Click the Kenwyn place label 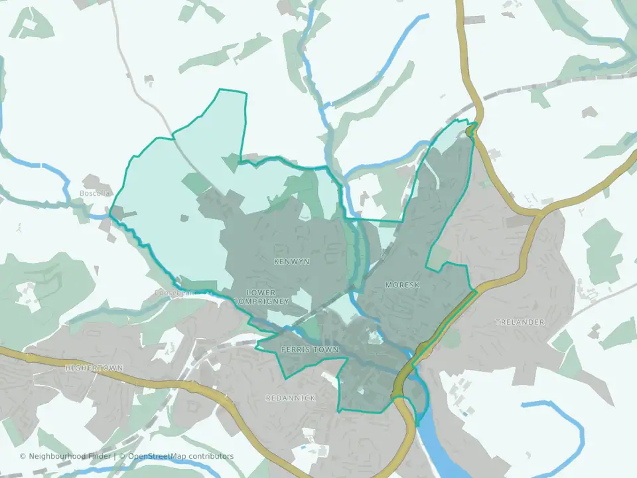(x=292, y=262)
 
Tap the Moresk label (x=402, y=285)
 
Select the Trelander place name (x=520, y=322)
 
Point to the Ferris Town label (x=310, y=349)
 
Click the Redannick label (x=290, y=398)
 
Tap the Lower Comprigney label (x=268, y=297)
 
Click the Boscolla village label (x=94, y=193)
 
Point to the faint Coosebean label (x=174, y=292)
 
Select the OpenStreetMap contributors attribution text (x=180, y=456)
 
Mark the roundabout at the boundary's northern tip (x=472, y=131)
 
